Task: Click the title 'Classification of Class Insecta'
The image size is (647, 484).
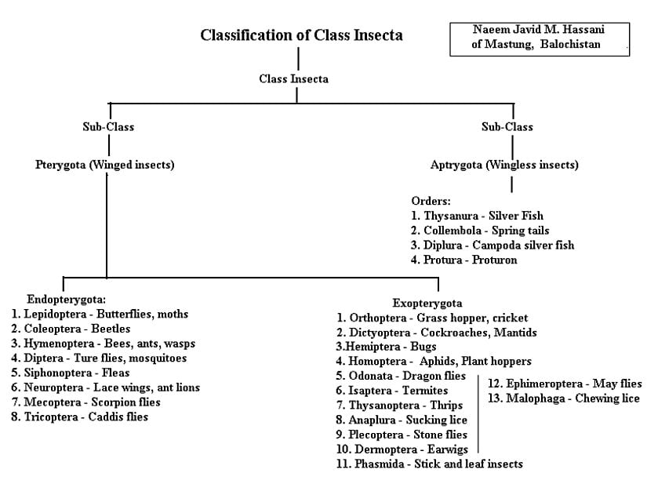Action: point(301,35)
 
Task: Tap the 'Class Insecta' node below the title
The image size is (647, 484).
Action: point(293,78)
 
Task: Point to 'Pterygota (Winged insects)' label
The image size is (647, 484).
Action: point(104,165)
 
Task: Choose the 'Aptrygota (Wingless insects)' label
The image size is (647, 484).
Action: point(504,165)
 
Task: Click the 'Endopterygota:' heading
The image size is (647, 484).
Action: point(66,299)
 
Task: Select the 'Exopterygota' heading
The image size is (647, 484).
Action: point(427,303)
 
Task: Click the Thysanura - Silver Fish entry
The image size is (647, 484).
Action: point(477,215)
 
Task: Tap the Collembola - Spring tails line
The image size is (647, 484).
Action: point(480,230)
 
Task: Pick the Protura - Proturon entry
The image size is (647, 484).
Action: point(464,260)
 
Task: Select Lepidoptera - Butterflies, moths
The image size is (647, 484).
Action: point(100,314)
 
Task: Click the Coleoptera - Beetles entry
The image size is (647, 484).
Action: point(71,329)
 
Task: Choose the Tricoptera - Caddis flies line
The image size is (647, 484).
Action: point(80,417)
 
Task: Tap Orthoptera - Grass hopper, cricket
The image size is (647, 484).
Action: point(432,318)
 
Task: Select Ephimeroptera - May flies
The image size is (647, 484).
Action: point(564,384)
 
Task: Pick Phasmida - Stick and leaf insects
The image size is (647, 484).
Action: point(429,464)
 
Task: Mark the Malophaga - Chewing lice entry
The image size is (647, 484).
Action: point(563,398)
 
